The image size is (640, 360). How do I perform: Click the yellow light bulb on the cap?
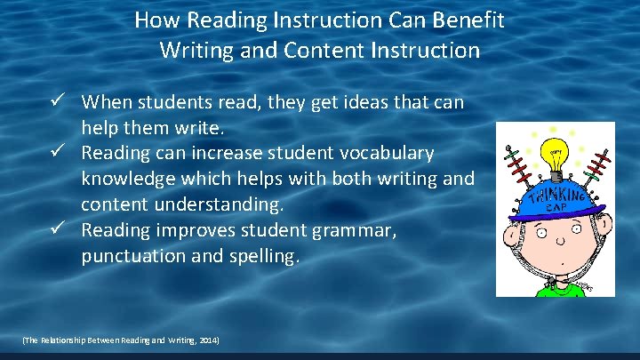tap(556, 156)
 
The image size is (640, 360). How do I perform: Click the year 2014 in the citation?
tap(209, 341)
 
